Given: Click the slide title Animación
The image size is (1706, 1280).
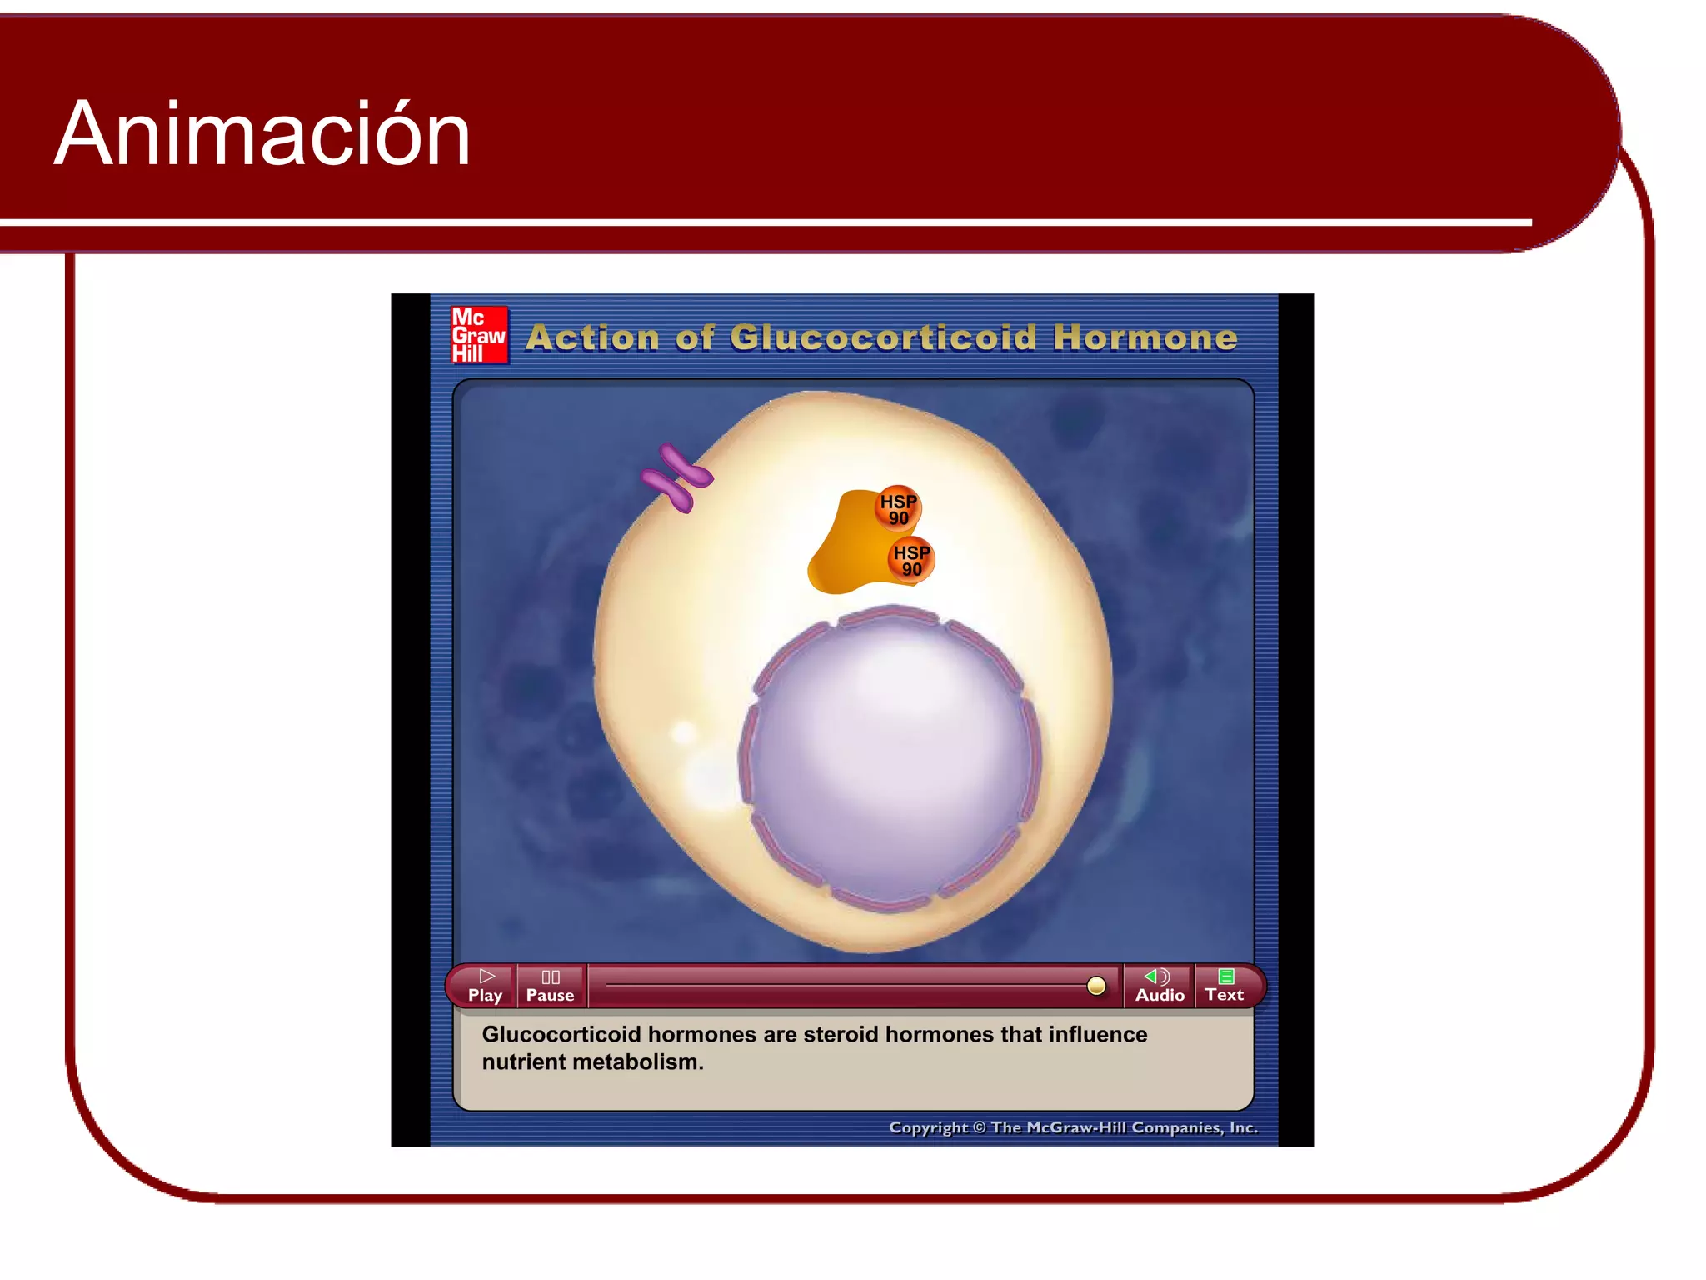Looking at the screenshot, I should tap(262, 134).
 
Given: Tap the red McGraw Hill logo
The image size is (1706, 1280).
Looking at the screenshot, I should tap(479, 335).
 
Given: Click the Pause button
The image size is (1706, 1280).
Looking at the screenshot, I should tap(550, 986).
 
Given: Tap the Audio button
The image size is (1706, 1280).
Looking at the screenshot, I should tap(1160, 986).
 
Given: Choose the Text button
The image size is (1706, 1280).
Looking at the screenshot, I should tap(1225, 986).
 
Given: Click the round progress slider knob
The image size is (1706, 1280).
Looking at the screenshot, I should tap(1096, 987).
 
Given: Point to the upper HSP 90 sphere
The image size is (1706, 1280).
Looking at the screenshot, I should tap(898, 508).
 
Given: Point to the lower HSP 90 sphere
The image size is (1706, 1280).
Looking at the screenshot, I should tap(911, 560).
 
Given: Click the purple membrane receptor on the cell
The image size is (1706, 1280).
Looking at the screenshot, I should tap(676, 478).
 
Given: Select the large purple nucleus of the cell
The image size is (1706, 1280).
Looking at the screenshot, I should tap(890, 758).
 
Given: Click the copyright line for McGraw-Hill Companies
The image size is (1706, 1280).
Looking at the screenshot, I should tap(1073, 1127).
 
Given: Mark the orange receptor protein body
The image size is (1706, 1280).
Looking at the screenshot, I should tap(846, 550).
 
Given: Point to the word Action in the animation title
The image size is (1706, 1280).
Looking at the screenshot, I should tap(592, 337).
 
